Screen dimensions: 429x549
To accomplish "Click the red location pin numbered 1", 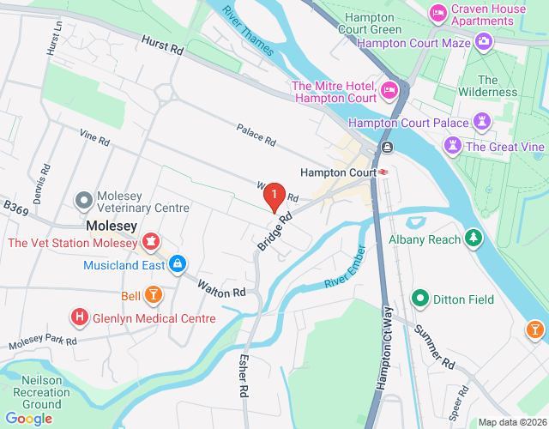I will [274, 196].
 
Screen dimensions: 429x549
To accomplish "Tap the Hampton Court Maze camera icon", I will [484, 41].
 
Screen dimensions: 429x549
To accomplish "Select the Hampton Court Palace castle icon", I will [482, 123].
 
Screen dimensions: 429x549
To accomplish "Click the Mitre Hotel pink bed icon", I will [389, 88].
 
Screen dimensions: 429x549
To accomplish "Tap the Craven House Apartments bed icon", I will [438, 12].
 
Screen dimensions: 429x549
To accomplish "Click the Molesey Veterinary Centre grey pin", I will [83, 201].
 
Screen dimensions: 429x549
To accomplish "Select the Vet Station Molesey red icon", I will [151, 242].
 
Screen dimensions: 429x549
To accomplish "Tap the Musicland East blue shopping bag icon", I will [178, 264].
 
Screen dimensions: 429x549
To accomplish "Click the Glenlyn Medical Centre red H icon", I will [80, 317].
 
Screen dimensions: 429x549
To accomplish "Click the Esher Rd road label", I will [244, 373].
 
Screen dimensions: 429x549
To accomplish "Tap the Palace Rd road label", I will [256, 135].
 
